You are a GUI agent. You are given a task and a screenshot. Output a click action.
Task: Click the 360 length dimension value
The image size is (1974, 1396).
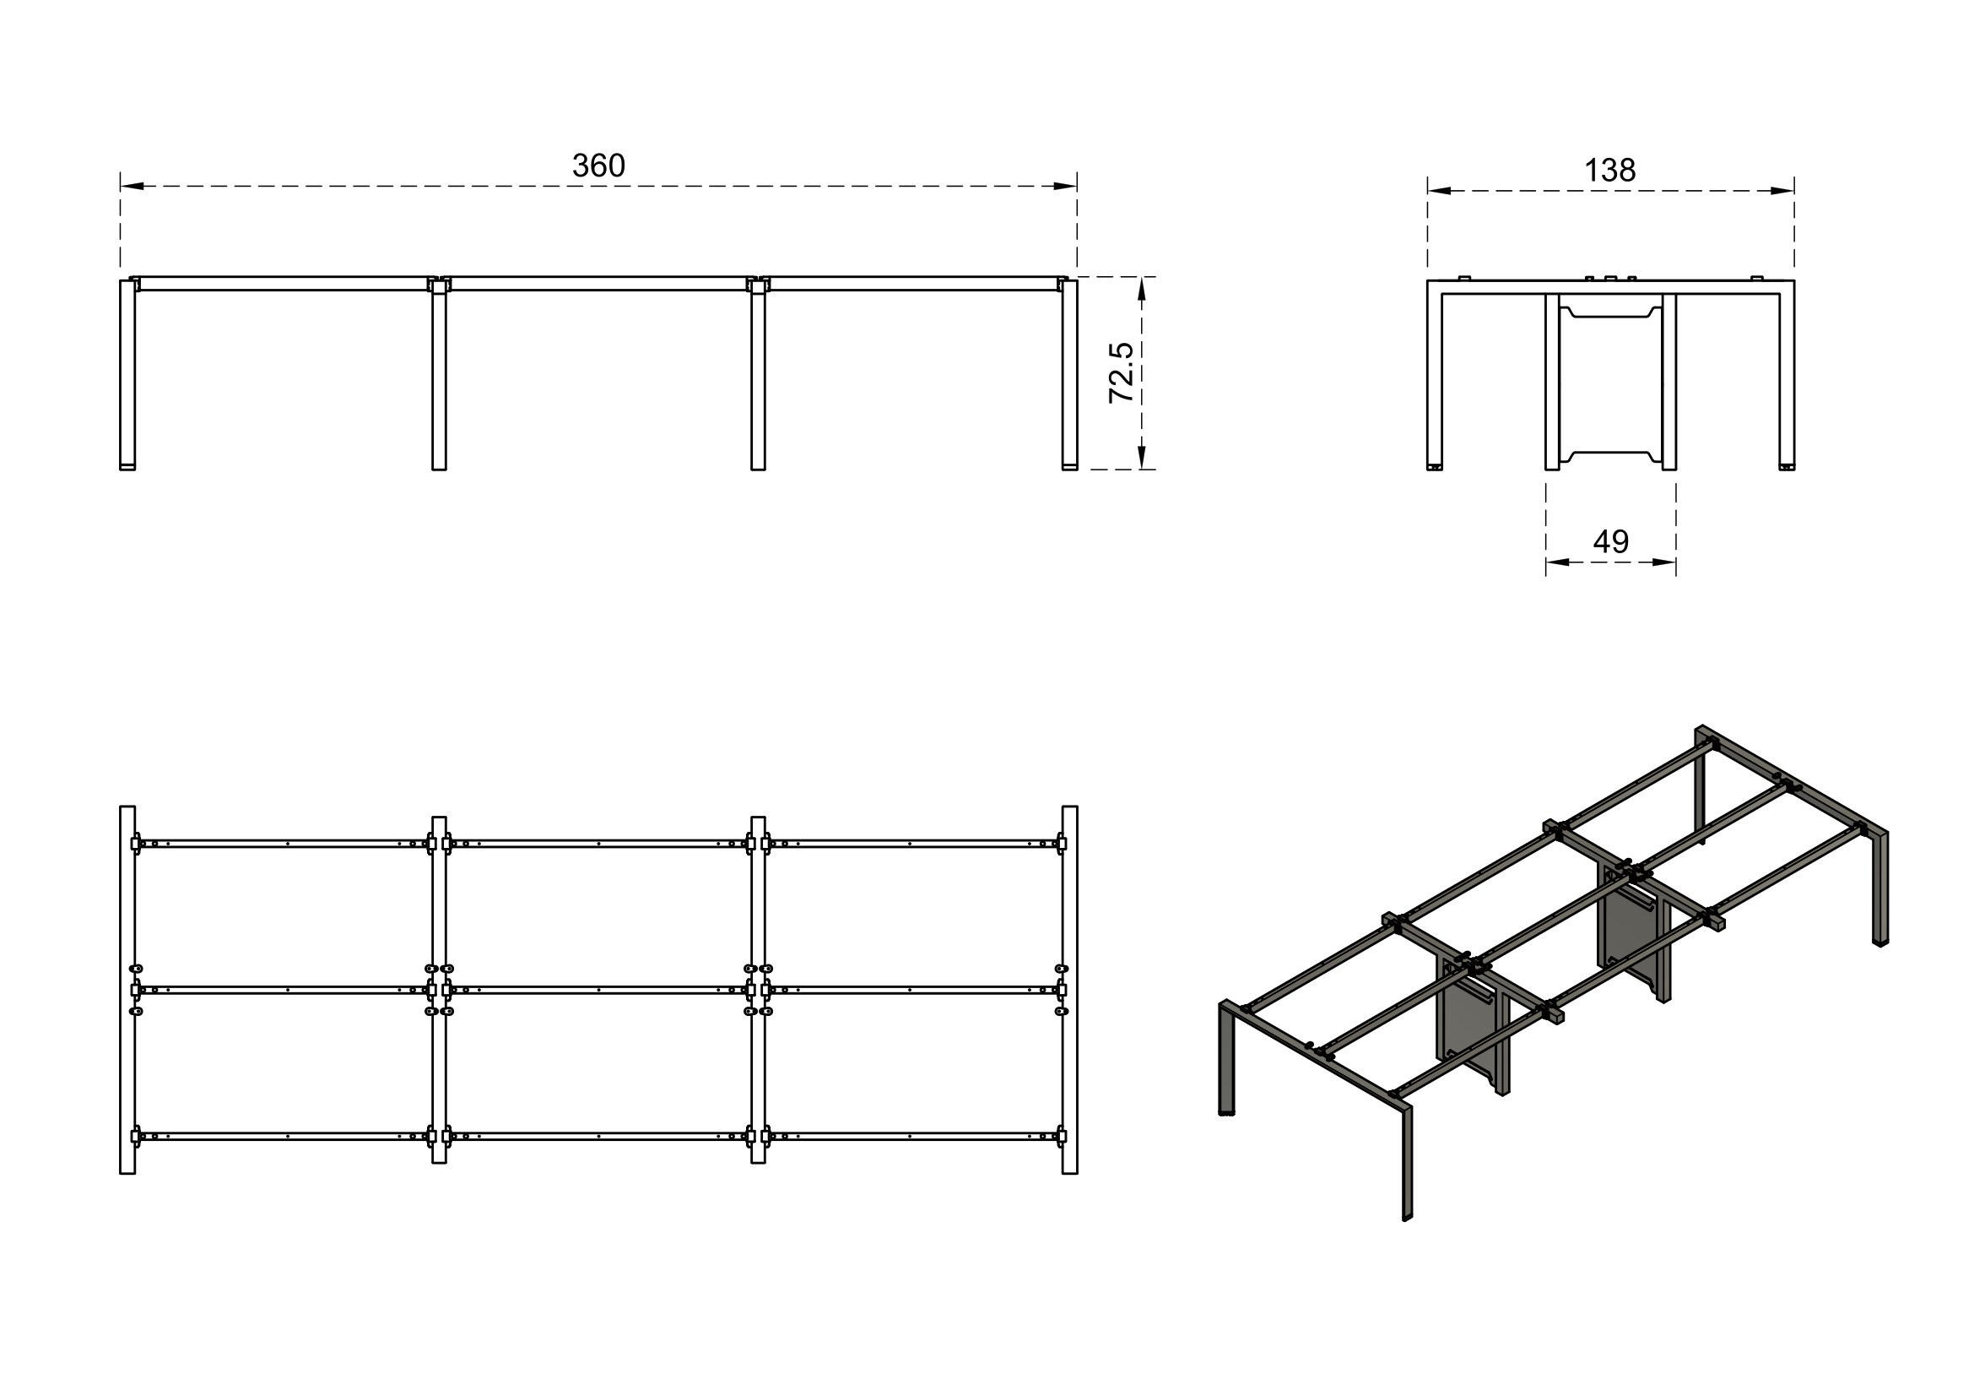[598, 166]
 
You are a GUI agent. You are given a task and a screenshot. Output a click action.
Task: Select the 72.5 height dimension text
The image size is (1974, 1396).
[1121, 372]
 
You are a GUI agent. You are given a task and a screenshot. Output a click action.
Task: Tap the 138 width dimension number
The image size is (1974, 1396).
[1609, 171]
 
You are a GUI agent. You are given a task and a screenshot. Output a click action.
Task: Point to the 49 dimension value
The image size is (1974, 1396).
[1610, 541]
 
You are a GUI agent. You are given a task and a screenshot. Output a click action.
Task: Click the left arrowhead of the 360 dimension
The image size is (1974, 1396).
[132, 186]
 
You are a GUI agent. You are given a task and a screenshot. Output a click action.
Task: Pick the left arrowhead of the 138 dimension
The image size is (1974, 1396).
[1439, 191]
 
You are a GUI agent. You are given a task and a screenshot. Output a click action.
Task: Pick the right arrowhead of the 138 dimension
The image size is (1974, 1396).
[1782, 191]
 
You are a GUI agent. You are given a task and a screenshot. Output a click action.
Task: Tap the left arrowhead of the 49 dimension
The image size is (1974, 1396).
[1557, 562]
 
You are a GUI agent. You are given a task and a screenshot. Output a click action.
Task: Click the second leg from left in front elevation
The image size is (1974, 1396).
[439, 378]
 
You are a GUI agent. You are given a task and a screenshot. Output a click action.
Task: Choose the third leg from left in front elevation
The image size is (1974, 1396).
[757, 378]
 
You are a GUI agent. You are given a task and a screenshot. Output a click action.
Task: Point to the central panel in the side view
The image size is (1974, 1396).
[1610, 382]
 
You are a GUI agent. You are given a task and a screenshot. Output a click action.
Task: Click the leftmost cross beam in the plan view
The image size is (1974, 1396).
[127, 990]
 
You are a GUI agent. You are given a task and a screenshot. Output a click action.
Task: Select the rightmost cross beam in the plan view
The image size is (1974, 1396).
[1069, 990]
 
